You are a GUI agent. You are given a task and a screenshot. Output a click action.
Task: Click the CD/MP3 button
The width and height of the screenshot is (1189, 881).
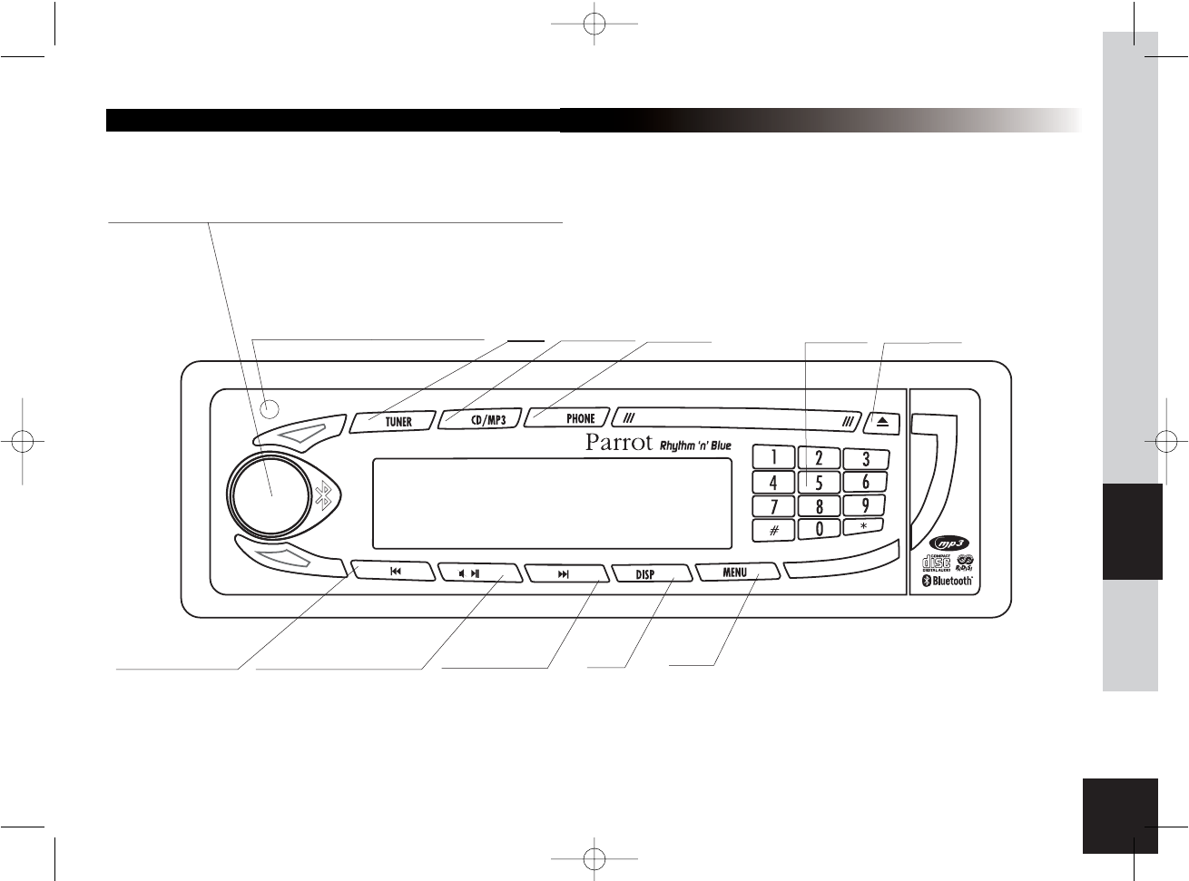(x=482, y=420)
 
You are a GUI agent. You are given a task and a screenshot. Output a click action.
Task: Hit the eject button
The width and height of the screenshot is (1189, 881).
(x=882, y=422)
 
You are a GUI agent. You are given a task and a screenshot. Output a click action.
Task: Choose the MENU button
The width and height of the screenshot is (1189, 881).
(x=736, y=573)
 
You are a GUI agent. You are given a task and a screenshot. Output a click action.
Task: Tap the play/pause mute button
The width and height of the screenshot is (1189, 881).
(x=477, y=573)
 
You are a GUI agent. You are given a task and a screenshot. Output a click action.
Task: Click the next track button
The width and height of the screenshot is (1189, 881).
(x=565, y=573)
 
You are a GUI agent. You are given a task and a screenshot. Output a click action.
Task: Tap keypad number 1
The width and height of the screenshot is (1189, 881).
(x=773, y=458)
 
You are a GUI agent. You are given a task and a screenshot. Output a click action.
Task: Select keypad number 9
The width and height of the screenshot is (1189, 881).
(x=866, y=505)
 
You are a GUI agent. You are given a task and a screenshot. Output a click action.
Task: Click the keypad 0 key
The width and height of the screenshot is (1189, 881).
(x=819, y=528)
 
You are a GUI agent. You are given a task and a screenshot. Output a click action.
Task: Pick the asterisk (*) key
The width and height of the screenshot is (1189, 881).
(x=864, y=526)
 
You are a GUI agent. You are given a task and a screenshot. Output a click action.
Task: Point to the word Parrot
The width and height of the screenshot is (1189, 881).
(x=619, y=443)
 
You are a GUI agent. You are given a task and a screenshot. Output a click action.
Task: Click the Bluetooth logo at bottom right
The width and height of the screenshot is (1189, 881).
(x=948, y=581)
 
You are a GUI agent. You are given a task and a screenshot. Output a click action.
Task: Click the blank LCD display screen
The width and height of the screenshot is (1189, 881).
(x=552, y=504)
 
